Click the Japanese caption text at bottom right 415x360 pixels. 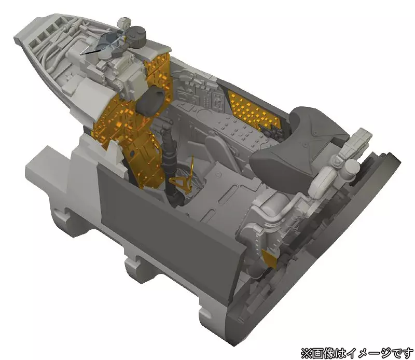(x=357, y=353)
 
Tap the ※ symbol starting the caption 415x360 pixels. (x=306, y=353)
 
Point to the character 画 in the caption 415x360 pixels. (x=317, y=353)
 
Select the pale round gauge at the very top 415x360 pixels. (x=123, y=23)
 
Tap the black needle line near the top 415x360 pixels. (x=92, y=52)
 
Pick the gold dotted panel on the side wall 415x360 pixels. (x=253, y=109)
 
